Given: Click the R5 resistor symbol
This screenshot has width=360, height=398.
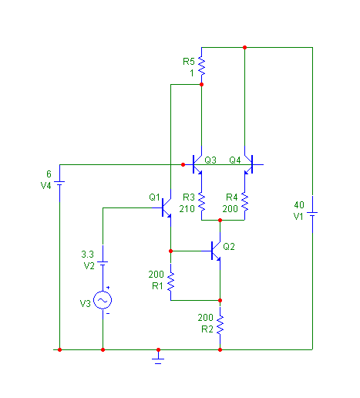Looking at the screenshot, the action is pyautogui.click(x=202, y=66).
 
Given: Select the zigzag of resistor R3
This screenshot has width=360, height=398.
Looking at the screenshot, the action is pyautogui.click(x=202, y=203).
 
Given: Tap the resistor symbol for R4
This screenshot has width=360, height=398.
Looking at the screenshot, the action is pyautogui.click(x=244, y=203).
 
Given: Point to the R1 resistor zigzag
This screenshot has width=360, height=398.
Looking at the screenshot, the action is pyautogui.click(x=170, y=282).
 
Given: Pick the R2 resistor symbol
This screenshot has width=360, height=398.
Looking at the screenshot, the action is pyautogui.click(x=220, y=325).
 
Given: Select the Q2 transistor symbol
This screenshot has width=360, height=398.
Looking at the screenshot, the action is pyautogui.click(x=214, y=251).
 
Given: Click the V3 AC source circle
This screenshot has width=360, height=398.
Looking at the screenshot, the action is pyautogui.click(x=103, y=300).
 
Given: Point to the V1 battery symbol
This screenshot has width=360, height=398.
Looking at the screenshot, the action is pyautogui.click(x=312, y=214).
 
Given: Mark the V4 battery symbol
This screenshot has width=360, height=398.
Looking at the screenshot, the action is pyautogui.click(x=59, y=183).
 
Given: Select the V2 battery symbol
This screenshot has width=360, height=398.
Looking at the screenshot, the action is pyautogui.click(x=103, y=263).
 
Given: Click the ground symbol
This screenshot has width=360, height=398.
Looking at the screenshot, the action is pyautogui.click(x=158, y=359).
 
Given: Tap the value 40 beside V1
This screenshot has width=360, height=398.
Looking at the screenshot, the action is pyautogui.click(x=299, y=205).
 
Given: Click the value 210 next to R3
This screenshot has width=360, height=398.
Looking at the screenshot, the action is pyautogui.click(x=187, y=209).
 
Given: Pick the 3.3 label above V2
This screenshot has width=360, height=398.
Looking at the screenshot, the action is pyautogui.click(x=88, y=255).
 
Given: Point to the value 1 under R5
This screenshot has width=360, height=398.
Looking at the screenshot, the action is pyautogui.click(x=192, y=73).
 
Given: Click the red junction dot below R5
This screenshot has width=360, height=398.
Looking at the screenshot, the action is pyautogui.click(x=202, y=85).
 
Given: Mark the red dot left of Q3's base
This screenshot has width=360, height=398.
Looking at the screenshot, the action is pyautogui.click(x=183, y=164).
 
